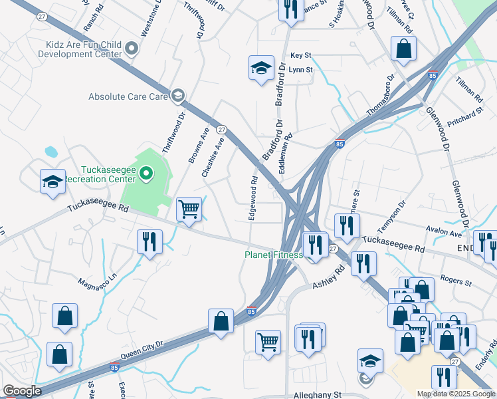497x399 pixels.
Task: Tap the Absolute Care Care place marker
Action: (177, 96)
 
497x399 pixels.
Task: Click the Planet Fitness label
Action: (273, 255)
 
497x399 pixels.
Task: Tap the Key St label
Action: (300, 55)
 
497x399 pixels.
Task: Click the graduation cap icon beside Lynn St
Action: (262, 67)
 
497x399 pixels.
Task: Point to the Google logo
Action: (22, 391)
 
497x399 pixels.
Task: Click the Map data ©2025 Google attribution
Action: (456, 394)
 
